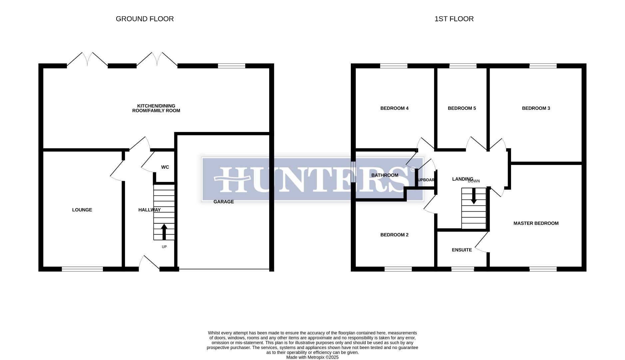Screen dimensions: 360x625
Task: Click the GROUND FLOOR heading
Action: coord(145,19)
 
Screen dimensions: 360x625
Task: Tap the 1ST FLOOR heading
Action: coord(454,19)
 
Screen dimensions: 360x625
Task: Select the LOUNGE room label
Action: coord(82,210)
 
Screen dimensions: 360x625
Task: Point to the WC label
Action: coord(165,167)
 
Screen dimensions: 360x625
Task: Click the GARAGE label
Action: coord(224,202)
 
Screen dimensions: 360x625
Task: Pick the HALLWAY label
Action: coord(149,210)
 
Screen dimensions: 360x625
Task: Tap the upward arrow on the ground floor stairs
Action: coord(164,231)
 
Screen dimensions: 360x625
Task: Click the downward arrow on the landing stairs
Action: coord(473,196)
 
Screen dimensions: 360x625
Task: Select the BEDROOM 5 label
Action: coord(462,108)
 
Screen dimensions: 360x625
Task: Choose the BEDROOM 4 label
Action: coord(394,108)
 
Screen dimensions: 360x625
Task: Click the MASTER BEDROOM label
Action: coord(536,223)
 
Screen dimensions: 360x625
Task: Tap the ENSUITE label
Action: coord(462,250)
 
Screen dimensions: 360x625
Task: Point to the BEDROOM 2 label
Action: coord(394,235)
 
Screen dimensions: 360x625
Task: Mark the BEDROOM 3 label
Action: coord(536,108)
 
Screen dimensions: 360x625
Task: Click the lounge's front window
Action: coord(82,269)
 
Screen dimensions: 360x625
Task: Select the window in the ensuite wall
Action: coord(462,269)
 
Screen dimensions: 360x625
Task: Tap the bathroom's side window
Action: coord(353,172)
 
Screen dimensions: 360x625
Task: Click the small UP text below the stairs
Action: coord(164,247)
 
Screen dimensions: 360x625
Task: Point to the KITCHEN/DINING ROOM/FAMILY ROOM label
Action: coord(156,108)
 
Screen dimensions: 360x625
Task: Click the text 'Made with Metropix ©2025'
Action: coord(312,357)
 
